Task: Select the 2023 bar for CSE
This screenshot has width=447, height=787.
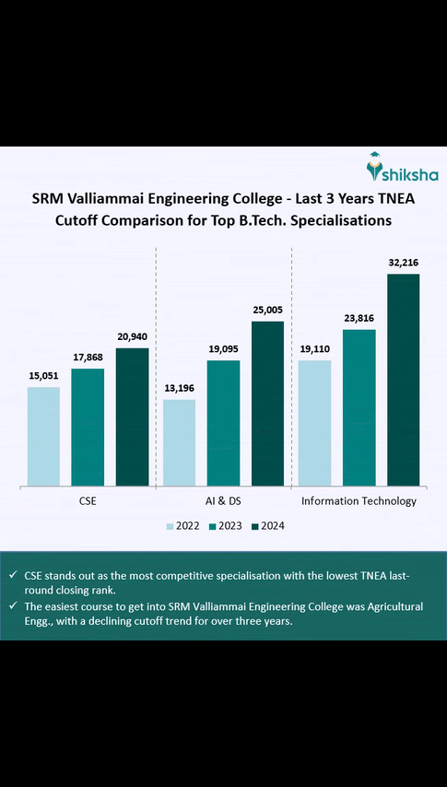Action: tap(88, 427)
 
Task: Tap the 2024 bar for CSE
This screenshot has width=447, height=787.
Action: tap(132, 417)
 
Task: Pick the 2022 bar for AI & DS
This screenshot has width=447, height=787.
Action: tap(179, 442)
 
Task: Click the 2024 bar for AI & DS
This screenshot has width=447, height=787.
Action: tap(267, 403)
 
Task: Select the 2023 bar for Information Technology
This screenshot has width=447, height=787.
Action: tap(359, 406)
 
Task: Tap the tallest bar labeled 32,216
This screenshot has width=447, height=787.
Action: tap(403, 379)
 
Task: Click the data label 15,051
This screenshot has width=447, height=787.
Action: tap(43, 376)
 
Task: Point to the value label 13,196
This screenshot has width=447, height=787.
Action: tap(179, 389)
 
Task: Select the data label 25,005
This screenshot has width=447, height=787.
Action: tap(267, 311)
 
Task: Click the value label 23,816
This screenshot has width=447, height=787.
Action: tap(359, 318)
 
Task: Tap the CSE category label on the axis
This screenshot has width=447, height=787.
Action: tap(88, 501)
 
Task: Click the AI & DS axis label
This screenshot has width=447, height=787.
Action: tap(223, 501)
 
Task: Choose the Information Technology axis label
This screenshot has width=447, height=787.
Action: tap(359, 501)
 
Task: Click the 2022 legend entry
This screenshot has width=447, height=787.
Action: tap(184, 525)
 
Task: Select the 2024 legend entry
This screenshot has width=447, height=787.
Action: tap(265, 525)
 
